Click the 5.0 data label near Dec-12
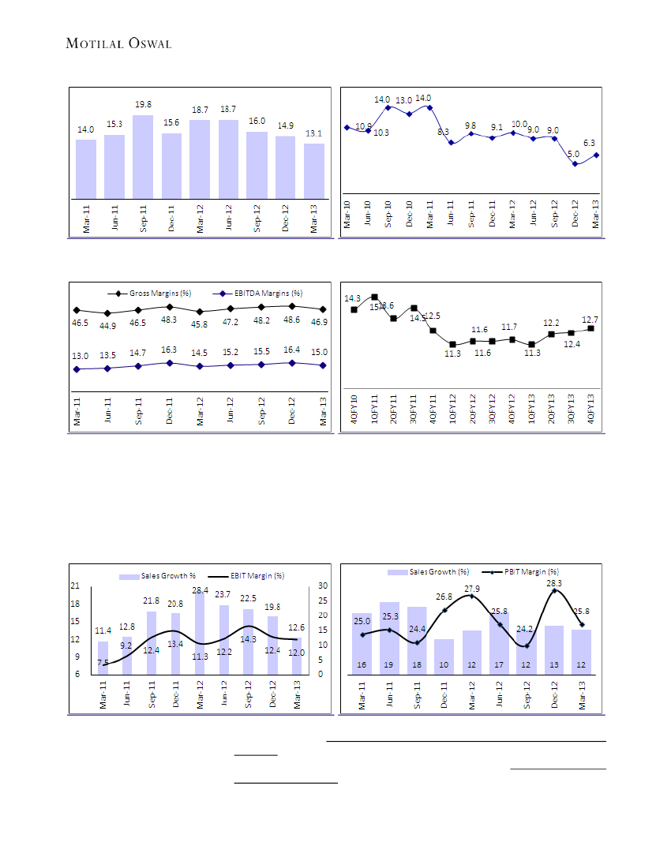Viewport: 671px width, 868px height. pyautogui.click(x=574, y=154)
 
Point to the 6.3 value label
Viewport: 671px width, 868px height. pyautogui.click(x=589, y=143)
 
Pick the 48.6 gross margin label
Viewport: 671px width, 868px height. pyautogui.click(x=291, y=320)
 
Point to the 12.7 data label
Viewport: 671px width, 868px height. pyautogui.click(x=590, y=320)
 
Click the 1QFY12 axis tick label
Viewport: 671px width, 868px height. pyautogui.click(x=452, y=410)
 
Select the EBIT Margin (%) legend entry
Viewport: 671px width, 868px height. pyautogui.click(x=257, y=576)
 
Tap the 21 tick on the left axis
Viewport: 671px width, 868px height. pyautogui.click(x=76, y=586)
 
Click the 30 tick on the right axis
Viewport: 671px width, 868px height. pyautogui.click(x=323, y=586)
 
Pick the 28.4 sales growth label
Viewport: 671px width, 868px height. pyautogui.click(x=200, y=590)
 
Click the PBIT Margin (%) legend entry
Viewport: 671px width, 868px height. pyautogui.click(x=528, y=571)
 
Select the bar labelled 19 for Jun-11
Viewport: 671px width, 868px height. pyautogui.click(x=389, y=638)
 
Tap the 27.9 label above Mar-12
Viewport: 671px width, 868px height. pyautogui.click(x=472, y=589)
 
